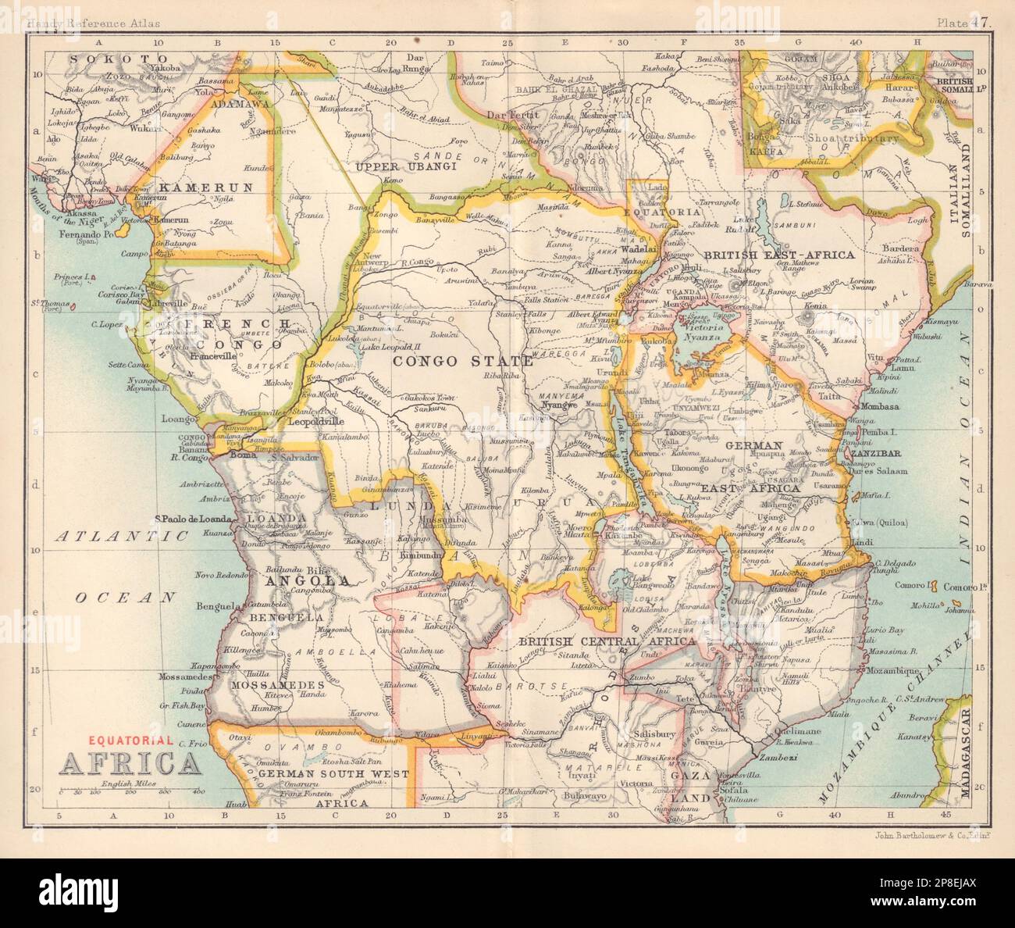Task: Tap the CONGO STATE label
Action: [x=463, y=360]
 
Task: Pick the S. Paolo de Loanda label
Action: [x=194, y=518]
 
